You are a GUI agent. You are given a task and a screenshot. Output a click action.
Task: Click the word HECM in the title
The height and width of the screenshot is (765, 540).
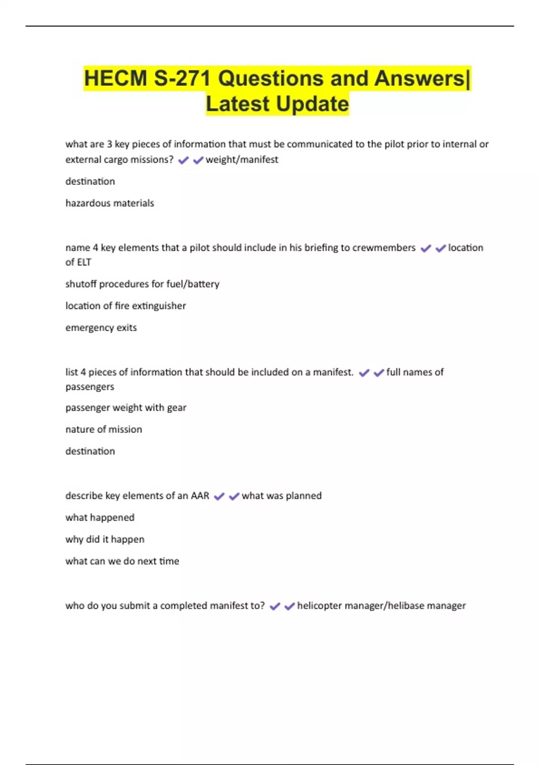115,78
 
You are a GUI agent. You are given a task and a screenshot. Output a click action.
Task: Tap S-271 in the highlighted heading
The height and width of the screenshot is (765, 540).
182,78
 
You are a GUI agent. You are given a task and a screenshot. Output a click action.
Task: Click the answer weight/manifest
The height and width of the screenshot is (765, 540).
242,160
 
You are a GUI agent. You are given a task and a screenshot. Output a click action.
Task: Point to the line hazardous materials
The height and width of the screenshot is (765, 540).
110,203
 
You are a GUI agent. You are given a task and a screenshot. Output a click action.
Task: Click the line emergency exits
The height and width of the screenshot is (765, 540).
101,328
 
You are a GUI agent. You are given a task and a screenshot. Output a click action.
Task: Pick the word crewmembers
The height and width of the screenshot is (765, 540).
384,248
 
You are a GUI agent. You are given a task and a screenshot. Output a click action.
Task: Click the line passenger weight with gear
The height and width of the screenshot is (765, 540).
126,408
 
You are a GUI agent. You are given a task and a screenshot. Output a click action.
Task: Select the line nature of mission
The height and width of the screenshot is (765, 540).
103,430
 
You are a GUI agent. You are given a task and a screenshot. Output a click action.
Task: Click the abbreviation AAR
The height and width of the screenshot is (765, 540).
200,496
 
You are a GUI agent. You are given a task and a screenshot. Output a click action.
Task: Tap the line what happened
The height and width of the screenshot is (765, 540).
100,518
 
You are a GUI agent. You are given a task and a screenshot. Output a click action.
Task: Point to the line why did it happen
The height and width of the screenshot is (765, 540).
105,540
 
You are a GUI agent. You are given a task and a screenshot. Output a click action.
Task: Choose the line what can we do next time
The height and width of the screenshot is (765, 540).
122,562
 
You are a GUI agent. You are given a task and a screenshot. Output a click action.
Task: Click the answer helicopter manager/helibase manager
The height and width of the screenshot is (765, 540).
381,606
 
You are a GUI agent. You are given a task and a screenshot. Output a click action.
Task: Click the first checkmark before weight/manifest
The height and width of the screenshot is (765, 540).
183,160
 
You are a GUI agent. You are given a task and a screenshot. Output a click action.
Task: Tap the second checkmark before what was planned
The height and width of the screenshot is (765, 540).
234,496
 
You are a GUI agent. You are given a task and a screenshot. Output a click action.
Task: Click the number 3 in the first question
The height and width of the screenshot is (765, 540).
109,144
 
